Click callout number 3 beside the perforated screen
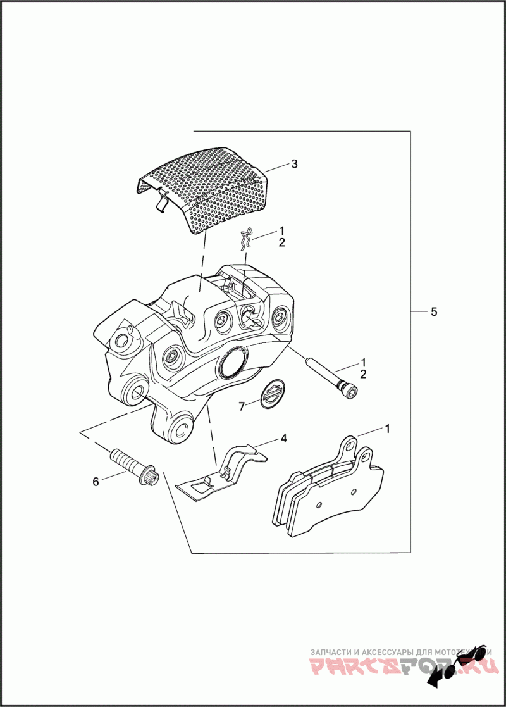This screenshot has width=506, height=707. pyautogui.click(x=294, y=164)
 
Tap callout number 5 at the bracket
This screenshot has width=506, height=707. pyautogui.click(x=434, y=312)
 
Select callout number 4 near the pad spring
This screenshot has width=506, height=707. pyautogui.click(x=284, y=437)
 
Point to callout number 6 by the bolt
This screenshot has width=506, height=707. pyautogui.click(x=96, y=482)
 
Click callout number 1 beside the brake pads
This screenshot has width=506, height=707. pyautogui.click(x=387, y=429)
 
